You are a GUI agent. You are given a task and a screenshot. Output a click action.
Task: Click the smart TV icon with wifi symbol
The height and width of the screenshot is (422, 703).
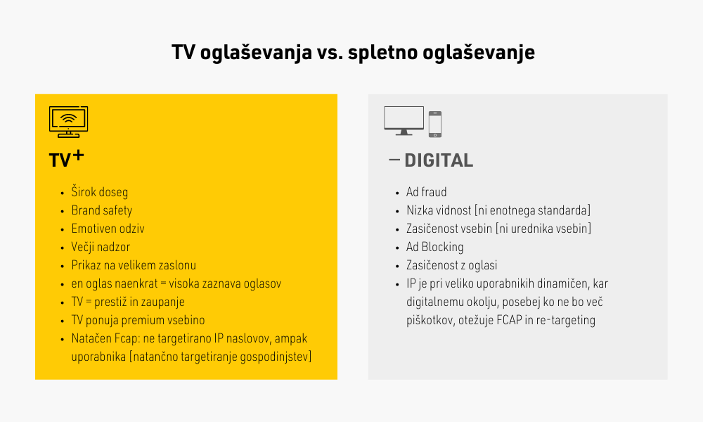pyautogui.click(x=69, y=122)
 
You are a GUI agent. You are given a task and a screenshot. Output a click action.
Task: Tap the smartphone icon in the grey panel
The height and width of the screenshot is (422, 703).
pyautogui.click(x=435, y=124)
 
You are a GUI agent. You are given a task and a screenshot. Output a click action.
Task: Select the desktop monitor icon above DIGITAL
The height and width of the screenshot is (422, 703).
pyautogui.click(x=404, y=121)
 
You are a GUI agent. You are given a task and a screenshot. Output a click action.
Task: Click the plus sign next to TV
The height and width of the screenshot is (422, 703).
pyautogui.click(x=79, y=155)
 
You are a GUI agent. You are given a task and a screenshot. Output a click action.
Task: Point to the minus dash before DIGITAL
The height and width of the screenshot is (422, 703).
pyautogui.click(x=394, y=159)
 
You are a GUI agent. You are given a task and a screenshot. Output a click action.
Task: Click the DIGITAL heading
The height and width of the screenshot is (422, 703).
pyautogui.click(x=439, y=160)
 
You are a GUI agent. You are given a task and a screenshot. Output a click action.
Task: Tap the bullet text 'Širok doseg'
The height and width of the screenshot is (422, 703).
pyautogui.click(x=100, y=192)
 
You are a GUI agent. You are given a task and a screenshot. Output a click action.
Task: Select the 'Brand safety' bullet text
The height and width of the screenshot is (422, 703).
pyautogui.click(x=102, y=210)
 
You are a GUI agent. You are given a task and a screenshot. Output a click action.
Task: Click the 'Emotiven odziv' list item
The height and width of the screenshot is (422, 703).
pyautogui.click(x=108, y=229)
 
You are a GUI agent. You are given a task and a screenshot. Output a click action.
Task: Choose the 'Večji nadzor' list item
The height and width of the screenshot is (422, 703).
pyautogui.click(x=101, y=247)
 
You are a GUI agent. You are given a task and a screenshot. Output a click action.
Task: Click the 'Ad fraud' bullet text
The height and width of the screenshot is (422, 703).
pyautogui.click(x=427, y=192)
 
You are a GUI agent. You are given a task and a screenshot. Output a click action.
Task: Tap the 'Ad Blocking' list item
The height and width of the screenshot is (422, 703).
pyautogui.click(x=435, y=247)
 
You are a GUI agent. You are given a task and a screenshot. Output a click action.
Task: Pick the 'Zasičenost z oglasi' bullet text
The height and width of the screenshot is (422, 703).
pyautogui.click(x=452, y=265)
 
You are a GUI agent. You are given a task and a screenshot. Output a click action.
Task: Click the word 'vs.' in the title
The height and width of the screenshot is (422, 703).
pyautogui.click(x=330, y=53)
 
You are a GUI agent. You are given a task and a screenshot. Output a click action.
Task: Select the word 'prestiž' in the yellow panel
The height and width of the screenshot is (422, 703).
pyautogui.click(x=112, y=302)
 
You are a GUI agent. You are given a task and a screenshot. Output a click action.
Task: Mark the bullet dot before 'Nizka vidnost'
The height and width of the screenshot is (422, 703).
pyautogui.click(x=397, y=212)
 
